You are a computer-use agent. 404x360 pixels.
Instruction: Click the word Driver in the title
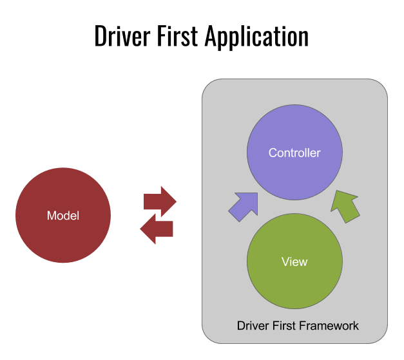(125, 36)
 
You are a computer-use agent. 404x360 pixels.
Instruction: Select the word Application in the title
(257, 36)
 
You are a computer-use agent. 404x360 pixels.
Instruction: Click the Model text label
(63, 216)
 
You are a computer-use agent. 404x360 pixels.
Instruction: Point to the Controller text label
(294, 153)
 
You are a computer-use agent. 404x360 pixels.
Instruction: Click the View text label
(294, 262)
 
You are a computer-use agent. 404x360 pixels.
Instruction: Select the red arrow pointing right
(160, 202)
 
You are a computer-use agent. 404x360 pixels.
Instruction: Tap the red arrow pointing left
(157, 229)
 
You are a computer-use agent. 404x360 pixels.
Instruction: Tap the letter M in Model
(52, 216)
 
